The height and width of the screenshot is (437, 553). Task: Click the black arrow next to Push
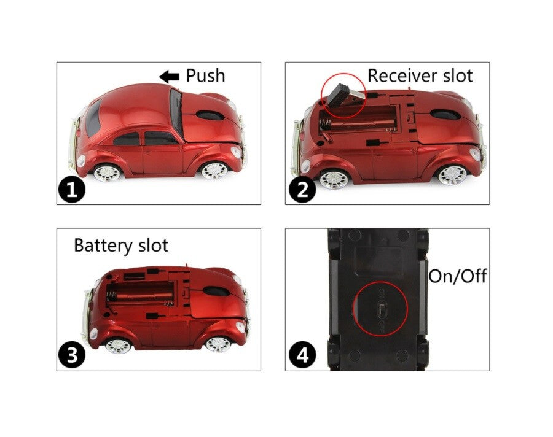[169, 76]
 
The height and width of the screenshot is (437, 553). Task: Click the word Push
[205, 75]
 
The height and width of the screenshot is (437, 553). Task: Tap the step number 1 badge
[72, 190]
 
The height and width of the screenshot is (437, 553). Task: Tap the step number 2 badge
[302, 190]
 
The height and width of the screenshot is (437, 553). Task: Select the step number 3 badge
[72, 357]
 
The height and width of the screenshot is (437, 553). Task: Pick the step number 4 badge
[302, 355]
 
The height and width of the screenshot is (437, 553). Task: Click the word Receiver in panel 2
[402, 75]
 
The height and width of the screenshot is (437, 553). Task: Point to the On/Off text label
[457, 276]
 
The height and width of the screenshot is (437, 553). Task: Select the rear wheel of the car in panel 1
[106, 172]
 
